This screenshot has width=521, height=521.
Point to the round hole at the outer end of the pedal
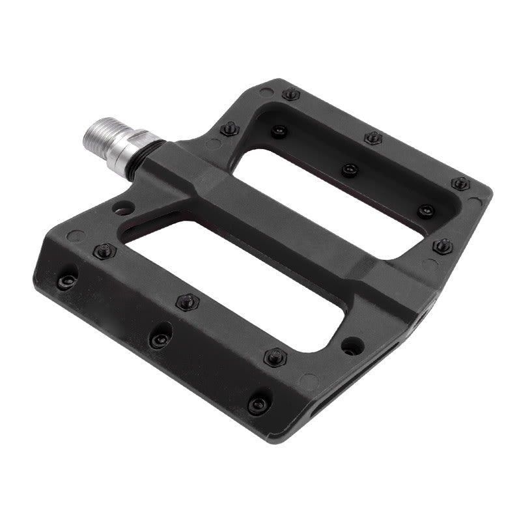[x=352, y=345]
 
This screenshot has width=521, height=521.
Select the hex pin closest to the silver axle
[x=229, y=128]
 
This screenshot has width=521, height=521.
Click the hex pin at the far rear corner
[x=291, y=94]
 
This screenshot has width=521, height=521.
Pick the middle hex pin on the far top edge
[x=373, y=137]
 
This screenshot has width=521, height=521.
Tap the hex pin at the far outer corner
[x=460, y=183]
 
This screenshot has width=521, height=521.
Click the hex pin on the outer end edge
[x=443, y=246]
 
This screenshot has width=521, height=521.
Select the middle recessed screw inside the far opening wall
[x=350, y=170]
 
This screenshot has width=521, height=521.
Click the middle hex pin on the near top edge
[x=187, y=302]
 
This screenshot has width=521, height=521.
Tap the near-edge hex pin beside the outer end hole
[x=275, y=356]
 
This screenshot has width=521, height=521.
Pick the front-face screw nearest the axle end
[x=66, y=281]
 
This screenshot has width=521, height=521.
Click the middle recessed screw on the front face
[x=160, y=339]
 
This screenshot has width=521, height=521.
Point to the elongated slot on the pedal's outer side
[x=365, y=378]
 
